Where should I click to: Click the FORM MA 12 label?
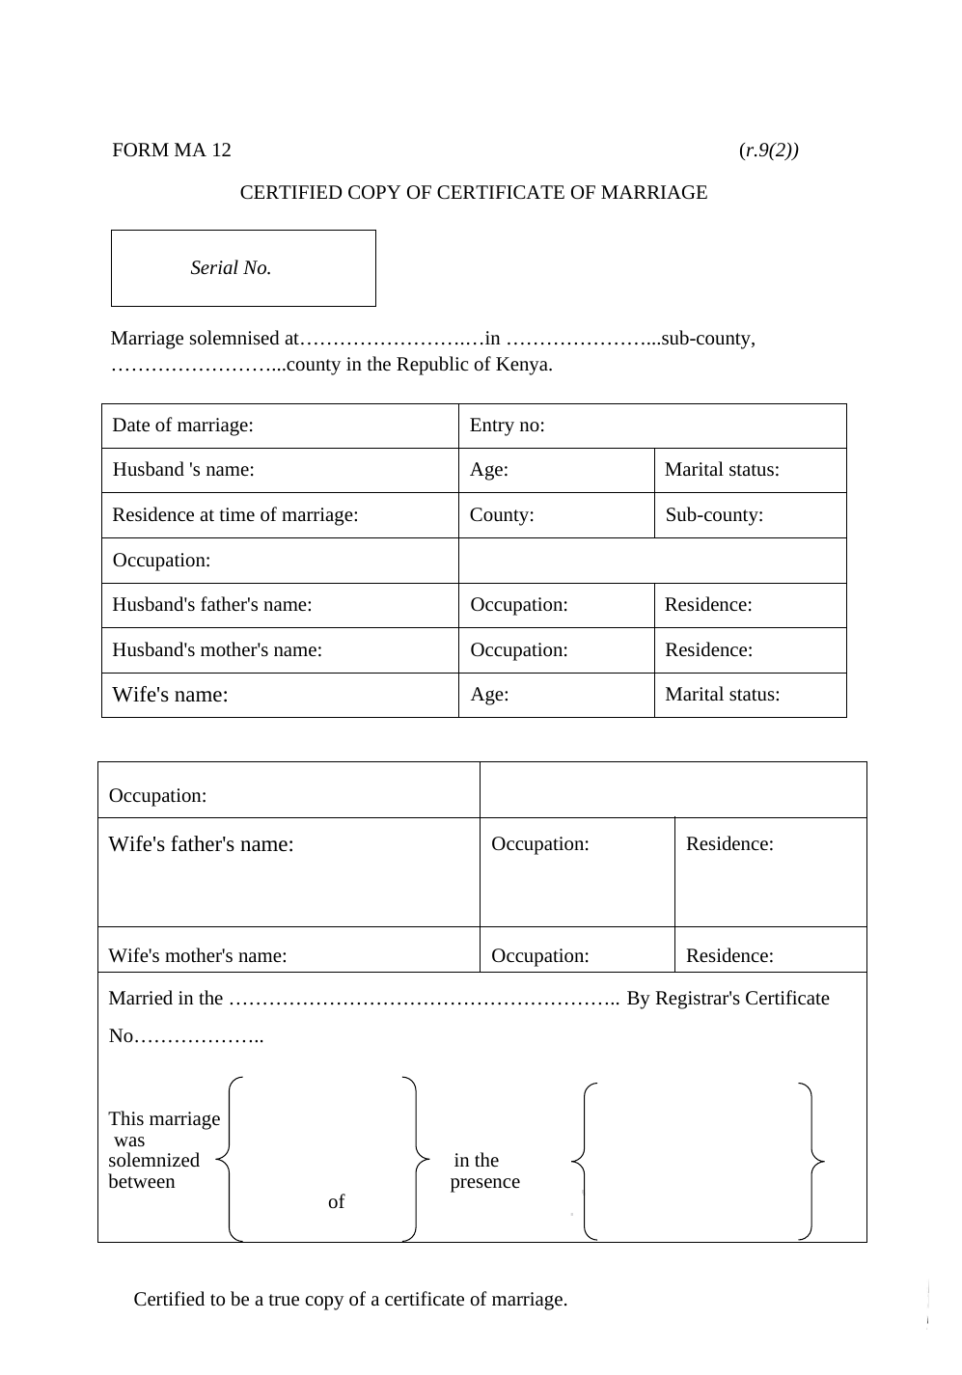[x=172, y=150]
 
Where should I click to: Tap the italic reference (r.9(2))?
[x=768, y=150]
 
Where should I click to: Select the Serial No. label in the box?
[x=231, y=268]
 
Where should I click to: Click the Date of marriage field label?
[x=182, y=425]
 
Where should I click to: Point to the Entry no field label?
[x=507, y=425]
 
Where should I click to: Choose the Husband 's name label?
[x=183, y=470]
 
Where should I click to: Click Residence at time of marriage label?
[x=235, y=514]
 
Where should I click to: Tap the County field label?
[x=502, y=514]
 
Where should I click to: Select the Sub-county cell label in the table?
[x=714, y=514]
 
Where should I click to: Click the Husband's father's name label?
[x=212, y=605]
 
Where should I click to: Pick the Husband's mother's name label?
[x=217, y=649]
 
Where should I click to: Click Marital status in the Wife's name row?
[x=722, y=695]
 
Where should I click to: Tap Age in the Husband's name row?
[x=489, y=470]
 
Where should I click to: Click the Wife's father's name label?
[x=201, y=844]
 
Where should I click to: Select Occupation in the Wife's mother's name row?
[x=539, y=955]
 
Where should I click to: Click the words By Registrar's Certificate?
[x=728, y=998]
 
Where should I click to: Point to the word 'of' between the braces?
[x=336, y=1201]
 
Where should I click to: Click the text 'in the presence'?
[x=483, y=1170]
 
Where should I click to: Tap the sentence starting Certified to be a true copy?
[x=350, y=1299]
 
